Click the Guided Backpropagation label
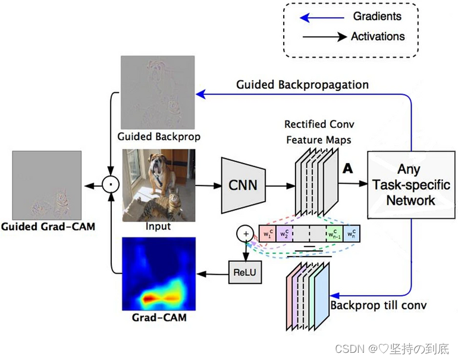click(302, 84)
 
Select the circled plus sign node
click(244, 233)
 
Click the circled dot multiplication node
click(110, 185)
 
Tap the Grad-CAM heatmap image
click(159, 273)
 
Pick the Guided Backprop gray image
click(158, 92)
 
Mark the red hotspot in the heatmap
click(150, 296)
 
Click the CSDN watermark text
click(391, 348)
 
